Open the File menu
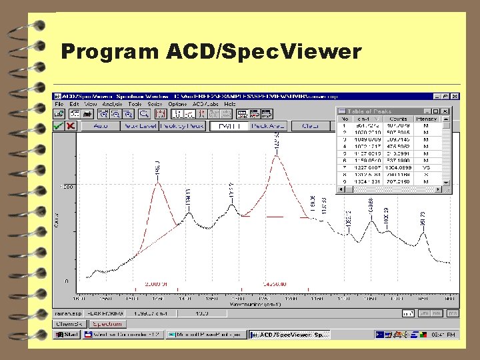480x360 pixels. coord(59,104)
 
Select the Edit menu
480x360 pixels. coord(73,104)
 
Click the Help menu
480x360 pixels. coord(230,104)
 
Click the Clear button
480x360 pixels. coord(311,125)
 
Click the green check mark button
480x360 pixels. coord(59,125)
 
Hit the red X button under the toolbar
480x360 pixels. coord(70,125)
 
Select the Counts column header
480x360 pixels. coord(399,119)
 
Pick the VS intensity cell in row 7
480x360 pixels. coord(425,167)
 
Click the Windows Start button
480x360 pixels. coord(67,334)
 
